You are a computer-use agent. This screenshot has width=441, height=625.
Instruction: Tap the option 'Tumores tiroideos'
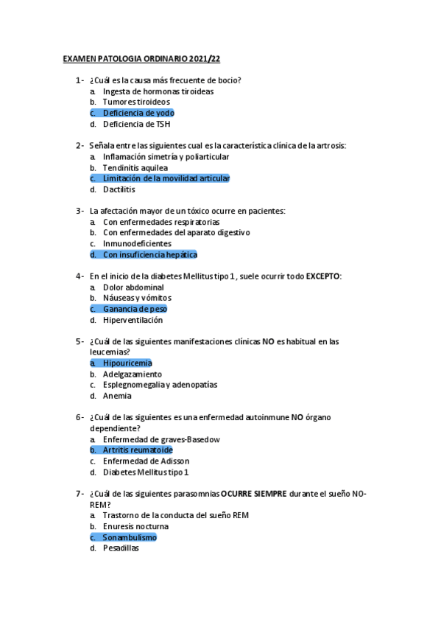[136, 102]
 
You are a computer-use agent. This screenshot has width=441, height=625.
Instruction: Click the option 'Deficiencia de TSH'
[137, 124]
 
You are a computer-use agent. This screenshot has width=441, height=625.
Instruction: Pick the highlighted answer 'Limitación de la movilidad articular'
[166, 178]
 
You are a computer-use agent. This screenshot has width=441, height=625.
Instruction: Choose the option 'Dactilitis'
[119, 189]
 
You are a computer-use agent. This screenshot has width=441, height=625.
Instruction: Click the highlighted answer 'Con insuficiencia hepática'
[149, 255]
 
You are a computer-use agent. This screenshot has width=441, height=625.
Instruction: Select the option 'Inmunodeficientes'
[137, 244]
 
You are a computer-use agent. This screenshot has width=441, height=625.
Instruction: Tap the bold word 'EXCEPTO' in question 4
[323, 276]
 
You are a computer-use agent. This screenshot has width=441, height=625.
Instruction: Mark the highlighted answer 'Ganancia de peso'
[135, 309]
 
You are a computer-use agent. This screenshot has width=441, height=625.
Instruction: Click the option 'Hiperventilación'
[133, 320]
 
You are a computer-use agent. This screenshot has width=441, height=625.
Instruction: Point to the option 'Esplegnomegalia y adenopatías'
[160, 385]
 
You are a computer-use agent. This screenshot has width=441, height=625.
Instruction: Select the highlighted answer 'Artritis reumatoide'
[137, 450]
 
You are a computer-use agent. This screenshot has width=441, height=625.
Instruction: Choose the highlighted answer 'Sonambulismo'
[130, 537]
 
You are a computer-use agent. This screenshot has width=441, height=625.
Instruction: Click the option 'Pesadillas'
[121, 548]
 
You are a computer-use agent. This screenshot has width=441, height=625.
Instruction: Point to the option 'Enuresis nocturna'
[135, 526]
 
